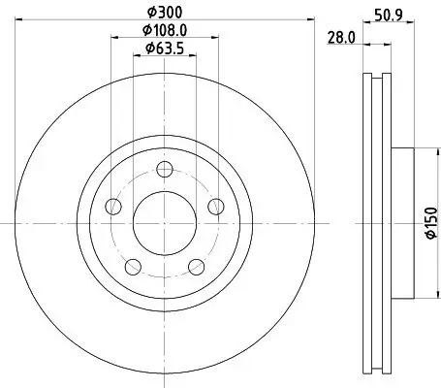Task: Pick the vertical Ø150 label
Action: [x=427, y=222]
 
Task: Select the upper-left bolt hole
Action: [x=113, y=206]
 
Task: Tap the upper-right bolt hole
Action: [x=215, y=205]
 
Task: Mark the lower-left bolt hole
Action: [x=134, y=265]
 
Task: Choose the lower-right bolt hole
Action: [x=196, y=265]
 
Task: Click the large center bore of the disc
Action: [x=165, y=222]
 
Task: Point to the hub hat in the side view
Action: [x=403, y=222]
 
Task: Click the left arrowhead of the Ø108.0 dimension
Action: [x=114, y=38]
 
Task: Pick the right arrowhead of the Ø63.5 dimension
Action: [x=195, y=56]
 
